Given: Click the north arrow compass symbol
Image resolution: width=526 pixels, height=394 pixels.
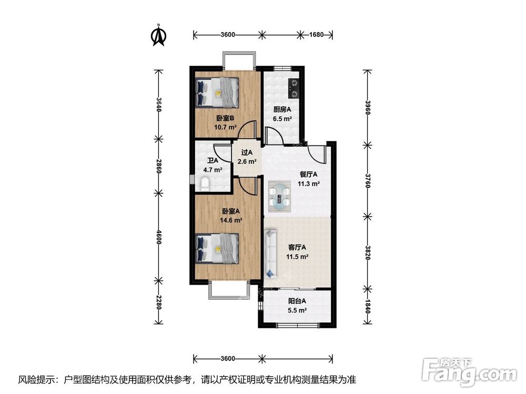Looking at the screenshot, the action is coord(159,35).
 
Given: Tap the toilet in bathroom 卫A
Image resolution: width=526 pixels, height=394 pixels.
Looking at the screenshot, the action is coord(204,184).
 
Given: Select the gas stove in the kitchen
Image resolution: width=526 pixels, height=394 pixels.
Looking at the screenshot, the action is coord(294,88).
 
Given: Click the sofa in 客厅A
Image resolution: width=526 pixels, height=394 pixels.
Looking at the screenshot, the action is coord(270,254).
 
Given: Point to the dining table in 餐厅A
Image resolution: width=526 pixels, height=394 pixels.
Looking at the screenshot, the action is coord(280,197).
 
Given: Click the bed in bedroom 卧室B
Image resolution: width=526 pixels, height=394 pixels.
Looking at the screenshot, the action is coord(217,92).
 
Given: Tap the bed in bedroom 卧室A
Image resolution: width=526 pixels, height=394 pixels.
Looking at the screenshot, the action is coord(217,248).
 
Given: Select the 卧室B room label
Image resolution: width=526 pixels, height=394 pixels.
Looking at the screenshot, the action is coord(225,118).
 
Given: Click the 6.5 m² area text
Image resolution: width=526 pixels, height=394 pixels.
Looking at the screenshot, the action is coord(282,119).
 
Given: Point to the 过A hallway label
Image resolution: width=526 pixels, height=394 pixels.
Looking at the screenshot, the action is coord(247,152).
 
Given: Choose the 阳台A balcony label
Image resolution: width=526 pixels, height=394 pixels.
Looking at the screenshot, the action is coord(297,301).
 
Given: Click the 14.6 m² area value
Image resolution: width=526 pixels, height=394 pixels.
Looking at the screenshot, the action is coord(231,220).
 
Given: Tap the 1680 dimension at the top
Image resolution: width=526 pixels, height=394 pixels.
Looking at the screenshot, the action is coord(316,35).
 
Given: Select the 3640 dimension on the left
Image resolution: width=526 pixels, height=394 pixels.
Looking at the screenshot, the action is coord(159,105).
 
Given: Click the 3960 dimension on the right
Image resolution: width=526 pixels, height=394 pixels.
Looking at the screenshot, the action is coord(368,107).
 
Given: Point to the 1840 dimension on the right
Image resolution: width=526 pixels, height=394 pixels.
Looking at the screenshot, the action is coord(368,307).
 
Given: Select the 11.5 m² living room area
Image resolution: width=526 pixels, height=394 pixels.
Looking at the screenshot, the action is coord(297,257).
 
